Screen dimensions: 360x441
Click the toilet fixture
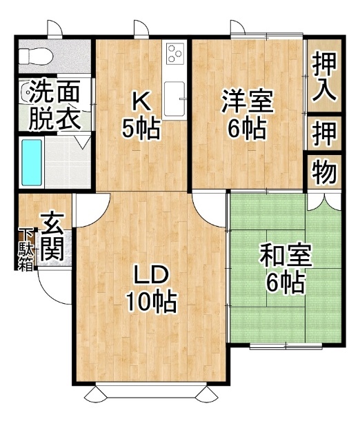click(x=35, y=57)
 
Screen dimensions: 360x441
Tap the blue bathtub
click(x=32, y=163)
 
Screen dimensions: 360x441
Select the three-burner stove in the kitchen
click(x=174, y=53)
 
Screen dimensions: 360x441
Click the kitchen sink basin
click(x=174, y=99)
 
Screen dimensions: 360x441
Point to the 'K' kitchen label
click(x=141, y=102)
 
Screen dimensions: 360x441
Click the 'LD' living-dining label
click(x=152, y=275)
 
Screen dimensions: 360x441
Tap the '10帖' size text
click(x=151, y=302)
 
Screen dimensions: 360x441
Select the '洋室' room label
click(x=248, y=101)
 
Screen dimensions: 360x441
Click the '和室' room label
click(x=286, y=256)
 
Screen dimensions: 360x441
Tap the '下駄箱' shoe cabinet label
click(x=26, y=250)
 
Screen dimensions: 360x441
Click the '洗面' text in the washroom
click(x=55, y=92)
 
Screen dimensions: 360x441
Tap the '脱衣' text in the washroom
click(x=55, y=119)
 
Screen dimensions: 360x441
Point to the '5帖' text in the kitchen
click(x=141, y=129)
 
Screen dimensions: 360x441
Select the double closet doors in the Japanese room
click(x=324, y=201)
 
